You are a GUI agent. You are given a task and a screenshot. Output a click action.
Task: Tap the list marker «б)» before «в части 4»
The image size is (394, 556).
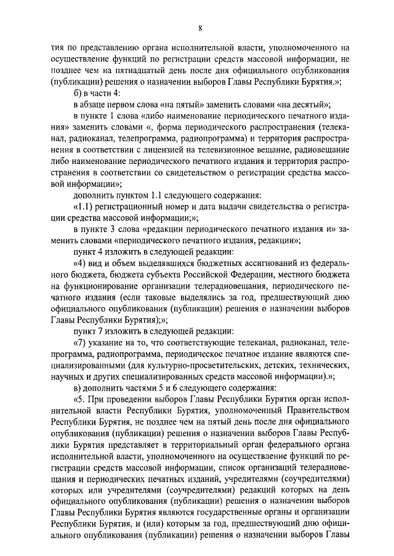click(78, 93)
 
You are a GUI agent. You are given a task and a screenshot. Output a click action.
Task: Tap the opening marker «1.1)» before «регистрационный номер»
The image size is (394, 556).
click(84, 203)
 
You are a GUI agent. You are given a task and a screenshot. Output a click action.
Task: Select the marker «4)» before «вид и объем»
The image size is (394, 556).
click(81, 259)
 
